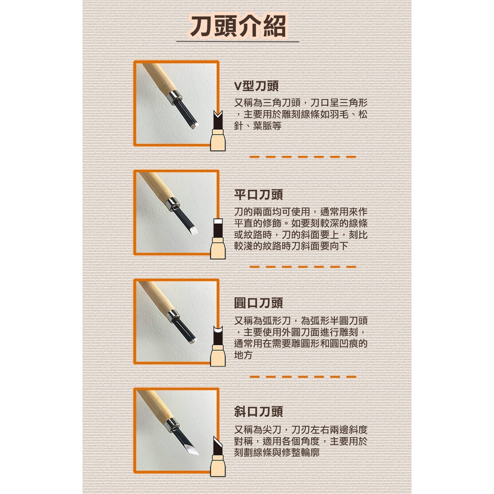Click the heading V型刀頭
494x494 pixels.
[x=256, y=86]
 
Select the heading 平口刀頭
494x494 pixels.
[x=258, y=195]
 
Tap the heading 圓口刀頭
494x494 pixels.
[x=258, y=303]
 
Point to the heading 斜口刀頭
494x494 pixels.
[x=258, y=412]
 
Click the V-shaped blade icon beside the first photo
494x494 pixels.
[x=218, y=130]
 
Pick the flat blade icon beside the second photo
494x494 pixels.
[x=218, y=239]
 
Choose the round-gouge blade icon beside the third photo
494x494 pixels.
[x=218, y=347]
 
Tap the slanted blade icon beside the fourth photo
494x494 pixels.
[x=218, y=456]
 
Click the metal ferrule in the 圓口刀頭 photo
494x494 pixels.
[x=173, y=315]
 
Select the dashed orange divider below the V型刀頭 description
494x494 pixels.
[x=303, y=157]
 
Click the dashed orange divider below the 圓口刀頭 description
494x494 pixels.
[x=303, y=376]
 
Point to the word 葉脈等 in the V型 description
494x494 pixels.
[x=267, y=126]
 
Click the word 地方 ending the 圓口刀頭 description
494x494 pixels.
[x=243, y=355]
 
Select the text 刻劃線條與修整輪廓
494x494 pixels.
[x=277, y=453]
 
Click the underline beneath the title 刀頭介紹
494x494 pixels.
[x=238, y=41]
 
